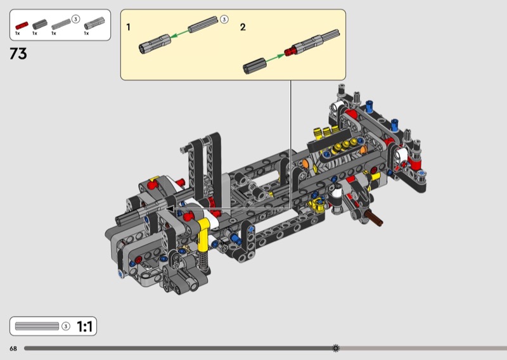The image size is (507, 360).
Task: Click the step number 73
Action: pos(18,53)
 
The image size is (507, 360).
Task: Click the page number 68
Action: pos(13,349)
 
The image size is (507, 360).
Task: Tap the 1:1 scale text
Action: pos(85,326)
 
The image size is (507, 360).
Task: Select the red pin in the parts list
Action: pos(22,25)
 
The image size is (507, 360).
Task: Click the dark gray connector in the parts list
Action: pos(40,24)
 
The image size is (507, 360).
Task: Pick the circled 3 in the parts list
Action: pos(75,19)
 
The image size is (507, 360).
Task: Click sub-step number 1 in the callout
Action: pos(129,27)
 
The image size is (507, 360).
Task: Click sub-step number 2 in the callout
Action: pos(243,27)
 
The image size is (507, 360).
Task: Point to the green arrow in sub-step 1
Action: pos(179,34)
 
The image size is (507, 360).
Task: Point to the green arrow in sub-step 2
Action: pos(275,58)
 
